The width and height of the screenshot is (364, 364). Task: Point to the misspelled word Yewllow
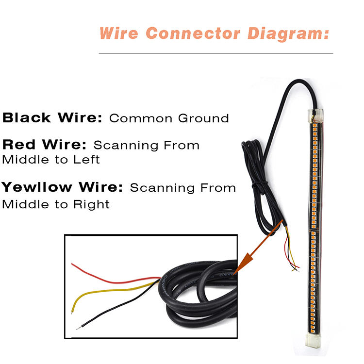click(37, 187)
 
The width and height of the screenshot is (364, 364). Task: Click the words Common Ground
click(169, 118)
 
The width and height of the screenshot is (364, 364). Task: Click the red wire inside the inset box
click(112, 277)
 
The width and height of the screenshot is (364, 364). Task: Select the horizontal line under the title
click(216, 53)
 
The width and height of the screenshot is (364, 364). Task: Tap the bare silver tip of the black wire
click(79, 328)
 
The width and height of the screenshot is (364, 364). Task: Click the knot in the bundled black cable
click(261, 184)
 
